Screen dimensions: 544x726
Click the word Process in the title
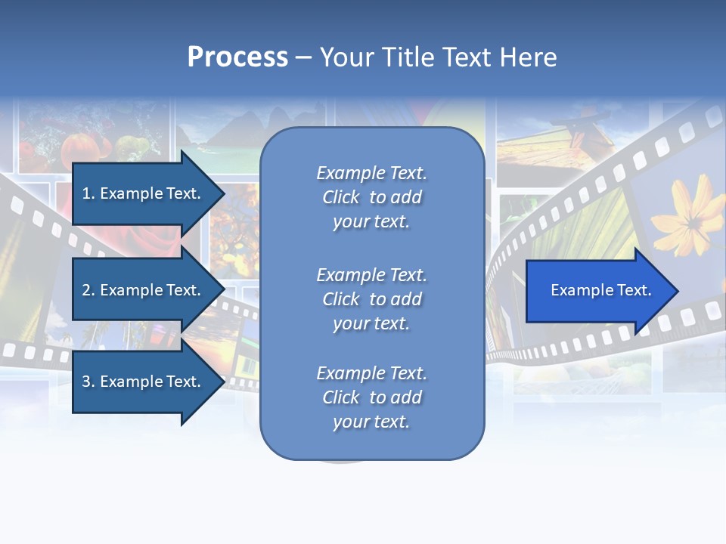pos(237,57)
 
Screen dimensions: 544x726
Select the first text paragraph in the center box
pos(371,197)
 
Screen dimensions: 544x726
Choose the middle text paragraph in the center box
pos(371,299)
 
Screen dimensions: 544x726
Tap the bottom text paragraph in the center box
pos(371,397)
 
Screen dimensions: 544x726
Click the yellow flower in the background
pos(687,215)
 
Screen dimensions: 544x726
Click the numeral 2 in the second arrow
pos(86,290)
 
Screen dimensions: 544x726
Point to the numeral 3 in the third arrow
pos(86,382)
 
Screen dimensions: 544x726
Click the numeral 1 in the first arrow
pos(85,193)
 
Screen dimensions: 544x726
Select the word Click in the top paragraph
pos(341,197)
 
